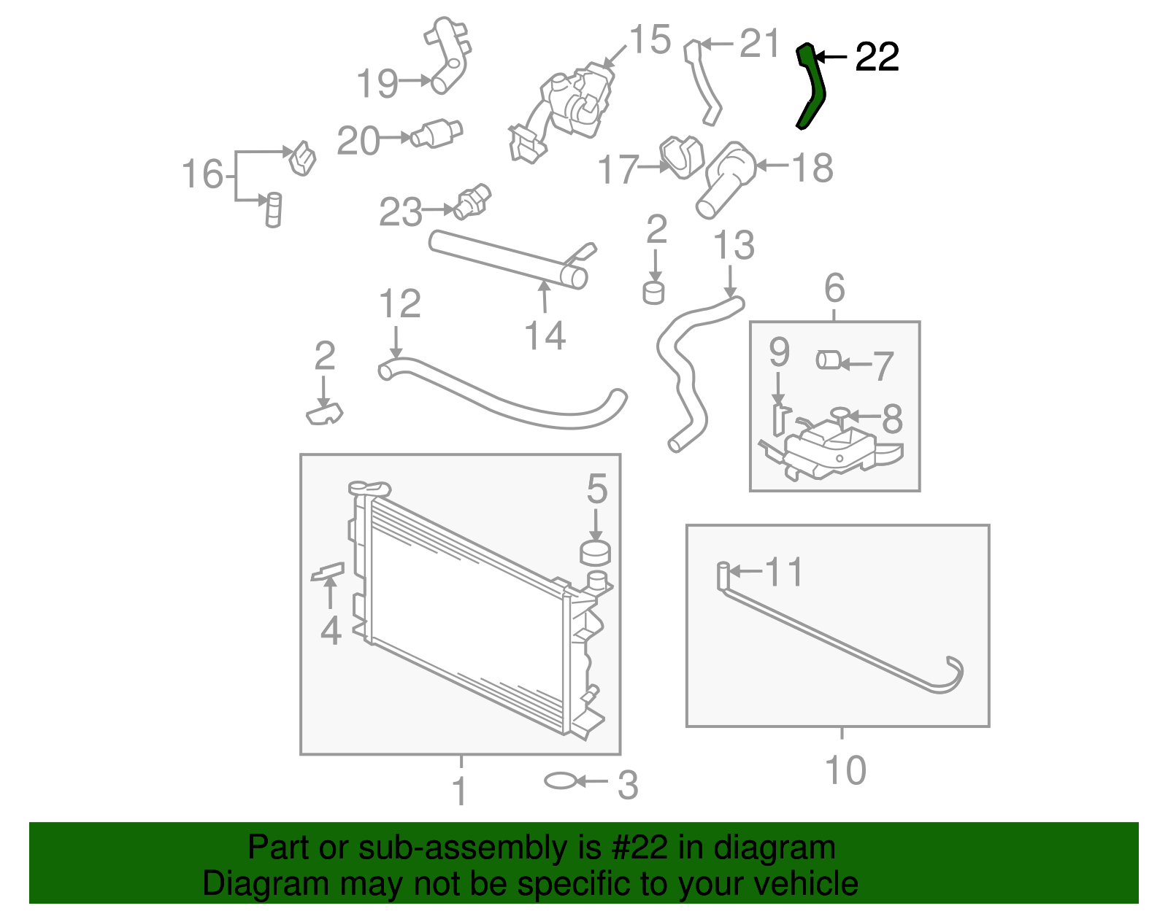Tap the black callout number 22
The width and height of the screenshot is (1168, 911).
tap(877, 57)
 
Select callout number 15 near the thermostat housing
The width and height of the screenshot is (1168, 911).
tap(650, 39)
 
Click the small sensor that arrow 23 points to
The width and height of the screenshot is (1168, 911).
tap(472, 202)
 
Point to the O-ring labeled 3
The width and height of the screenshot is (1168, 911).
tap(560, 780)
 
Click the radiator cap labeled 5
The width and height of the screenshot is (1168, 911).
tap(595, 553)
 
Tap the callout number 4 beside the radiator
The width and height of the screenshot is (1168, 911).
tap(331, 630)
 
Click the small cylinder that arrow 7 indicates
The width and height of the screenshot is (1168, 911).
tap(828, 360)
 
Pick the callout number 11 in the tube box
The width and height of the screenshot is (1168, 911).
tap(784, 572)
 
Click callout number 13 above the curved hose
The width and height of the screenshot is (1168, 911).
tap(734, 245)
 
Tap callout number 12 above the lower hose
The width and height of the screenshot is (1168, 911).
tap(400, 303)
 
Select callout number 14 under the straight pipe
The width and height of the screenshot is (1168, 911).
tap(545, 336)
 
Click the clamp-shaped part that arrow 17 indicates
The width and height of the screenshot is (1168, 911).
tap(682, 157)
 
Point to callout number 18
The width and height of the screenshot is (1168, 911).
tap(812, 168)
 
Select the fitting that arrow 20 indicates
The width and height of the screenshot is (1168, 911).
tap(437, 133)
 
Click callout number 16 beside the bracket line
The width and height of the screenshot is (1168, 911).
tap(202, 174)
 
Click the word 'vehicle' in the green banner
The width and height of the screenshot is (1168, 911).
tap(806, 883)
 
